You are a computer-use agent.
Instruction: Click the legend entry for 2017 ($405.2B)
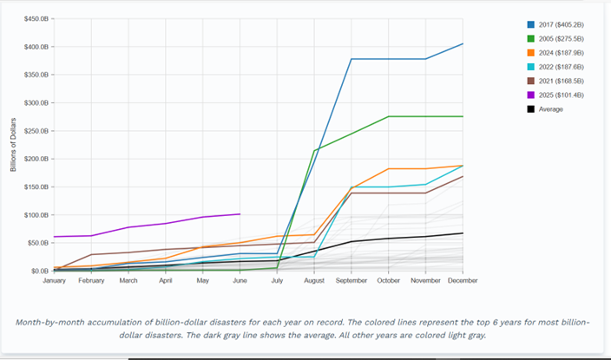tap(556, 25)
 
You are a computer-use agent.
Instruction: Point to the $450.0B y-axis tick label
tap(35, 19)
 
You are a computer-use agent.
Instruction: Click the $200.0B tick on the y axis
tap(35, 159)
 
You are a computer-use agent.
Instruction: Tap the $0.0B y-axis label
tap(38, 271)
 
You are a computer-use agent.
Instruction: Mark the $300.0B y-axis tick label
tap(35, 103)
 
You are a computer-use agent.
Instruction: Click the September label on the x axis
tap(351, 281)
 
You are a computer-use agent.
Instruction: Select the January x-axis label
tap(54, 281)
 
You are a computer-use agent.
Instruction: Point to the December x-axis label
tap(463, 281)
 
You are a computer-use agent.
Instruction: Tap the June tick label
tap(240, 281)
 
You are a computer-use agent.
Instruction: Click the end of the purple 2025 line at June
tap(240, 213)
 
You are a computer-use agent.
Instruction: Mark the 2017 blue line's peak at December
tap(463, 43)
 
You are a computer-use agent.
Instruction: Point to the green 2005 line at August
tap(314, 151)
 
